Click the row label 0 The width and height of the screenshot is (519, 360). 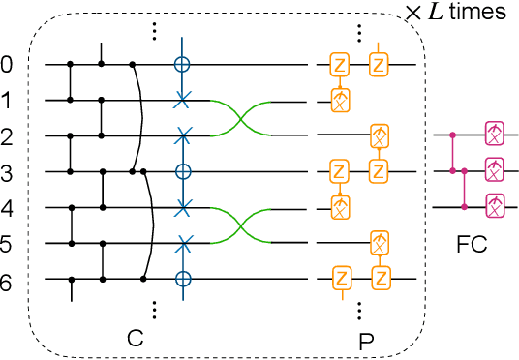click(9, 66)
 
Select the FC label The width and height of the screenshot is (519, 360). click(472, 244)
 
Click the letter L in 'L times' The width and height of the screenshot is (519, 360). click(454, 13)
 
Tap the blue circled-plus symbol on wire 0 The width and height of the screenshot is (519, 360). click(181, 66)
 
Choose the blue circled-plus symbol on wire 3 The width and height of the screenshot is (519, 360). click(181, 172)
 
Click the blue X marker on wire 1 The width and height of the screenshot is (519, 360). click(181, 101)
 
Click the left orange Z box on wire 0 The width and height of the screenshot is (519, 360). click(339, 66)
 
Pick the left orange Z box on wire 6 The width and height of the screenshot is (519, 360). click(339, 279)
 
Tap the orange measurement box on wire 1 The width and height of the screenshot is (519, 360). click(339, 100)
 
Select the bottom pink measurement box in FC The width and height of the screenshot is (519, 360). click(495, 206)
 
